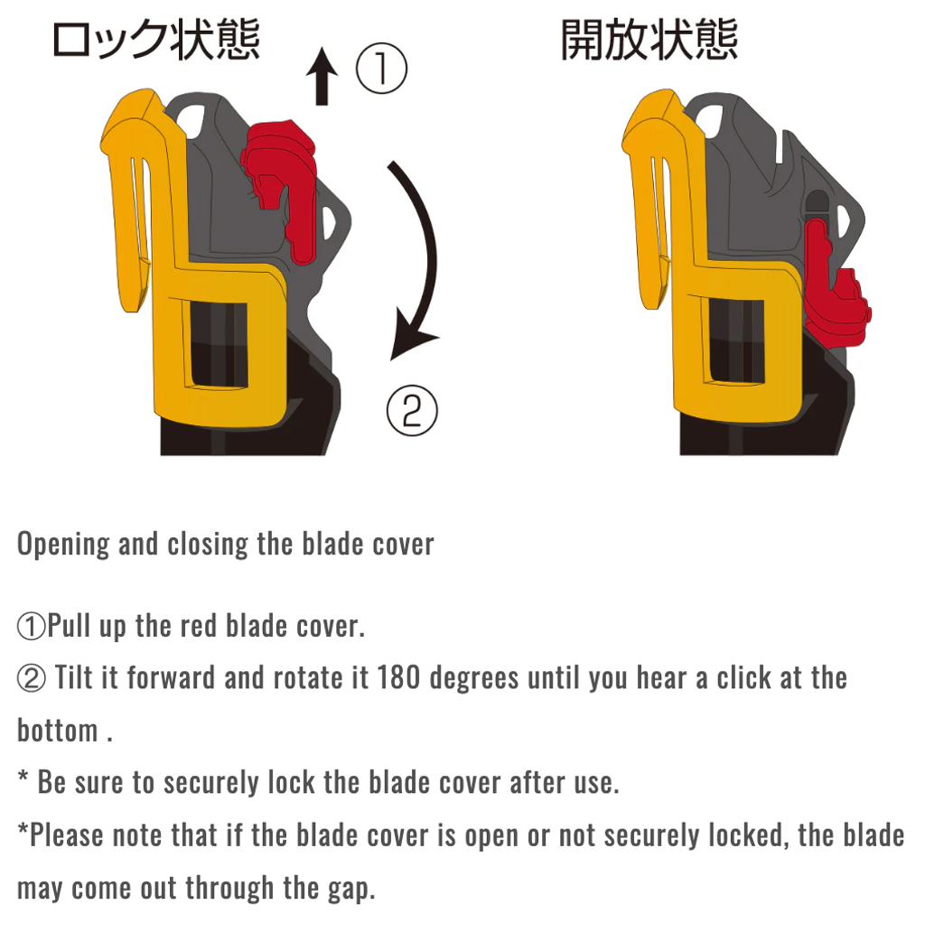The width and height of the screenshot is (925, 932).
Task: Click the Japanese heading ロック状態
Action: click(x=156, y=40)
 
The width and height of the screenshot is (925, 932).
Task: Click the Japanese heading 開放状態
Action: click(x=649, y=40)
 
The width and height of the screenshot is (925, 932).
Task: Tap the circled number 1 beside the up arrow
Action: click(x=381, y=69)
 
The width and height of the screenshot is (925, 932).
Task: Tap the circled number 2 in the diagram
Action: click(x=412, y=411)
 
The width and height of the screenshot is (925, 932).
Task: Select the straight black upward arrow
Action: click(x=322, y=76)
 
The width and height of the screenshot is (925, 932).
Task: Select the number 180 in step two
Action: click(x=399, y=677)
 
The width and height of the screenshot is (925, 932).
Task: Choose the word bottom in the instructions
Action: click(x=57, y=730)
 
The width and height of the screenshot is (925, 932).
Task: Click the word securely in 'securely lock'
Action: click(x=211, y=783)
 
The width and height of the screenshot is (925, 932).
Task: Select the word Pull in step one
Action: click(x=69, y=625)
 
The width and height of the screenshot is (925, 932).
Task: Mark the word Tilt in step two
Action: click(x=75, y=677)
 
